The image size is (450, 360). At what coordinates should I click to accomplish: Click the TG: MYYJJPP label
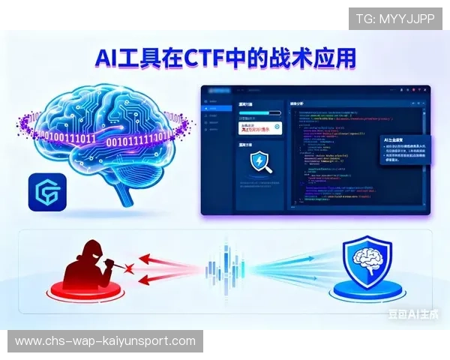point(395,18)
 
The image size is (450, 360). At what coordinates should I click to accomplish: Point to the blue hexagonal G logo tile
point(47,193)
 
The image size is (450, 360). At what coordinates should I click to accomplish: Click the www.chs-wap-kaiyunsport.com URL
point(104,341)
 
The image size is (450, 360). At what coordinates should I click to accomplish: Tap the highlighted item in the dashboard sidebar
point(215,109)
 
